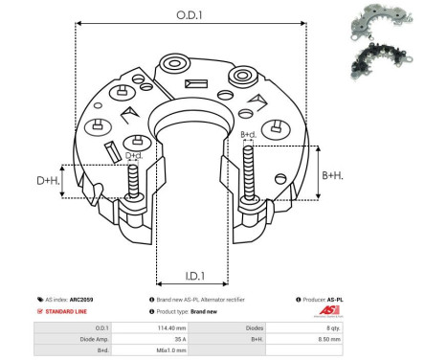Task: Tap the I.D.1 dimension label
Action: (x=191, y=277)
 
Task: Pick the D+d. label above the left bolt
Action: (x=134, y=155)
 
